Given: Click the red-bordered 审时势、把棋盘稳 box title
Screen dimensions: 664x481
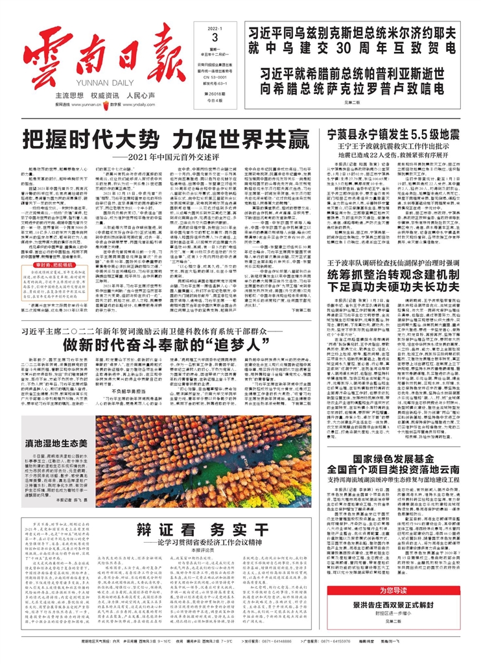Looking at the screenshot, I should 52,211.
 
